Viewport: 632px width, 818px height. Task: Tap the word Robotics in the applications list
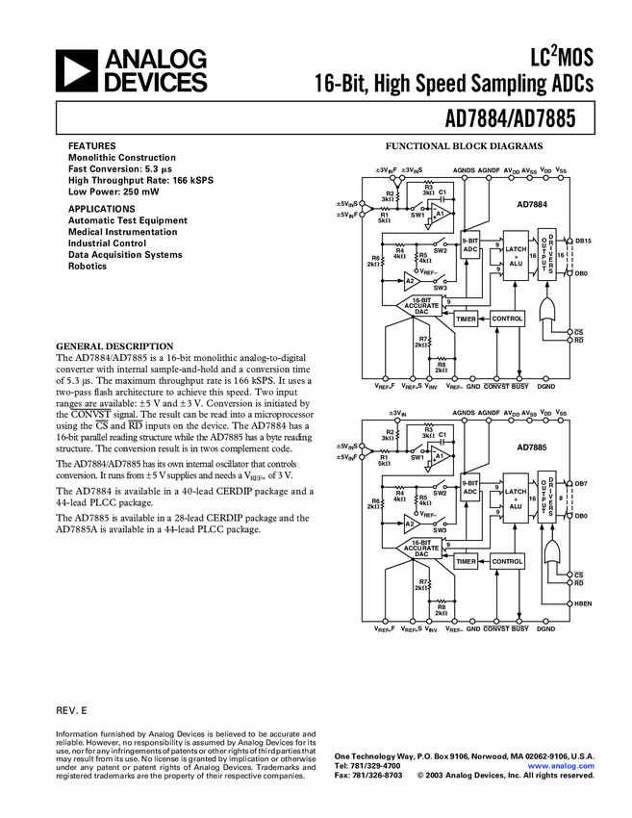coord(88,266)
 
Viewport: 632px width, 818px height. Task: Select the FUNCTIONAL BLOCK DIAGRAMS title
coord(465,146)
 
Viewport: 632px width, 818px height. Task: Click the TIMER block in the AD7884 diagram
coord(467,318)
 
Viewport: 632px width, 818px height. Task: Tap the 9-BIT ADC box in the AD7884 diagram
coord(470,244)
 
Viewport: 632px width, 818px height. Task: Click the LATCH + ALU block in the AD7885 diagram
coord(515,497)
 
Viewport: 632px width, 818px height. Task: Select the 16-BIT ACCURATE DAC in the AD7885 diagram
coord(421,549)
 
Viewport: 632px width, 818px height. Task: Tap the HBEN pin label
coord(583,603)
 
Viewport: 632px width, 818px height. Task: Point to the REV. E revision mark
coord(72,709)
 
